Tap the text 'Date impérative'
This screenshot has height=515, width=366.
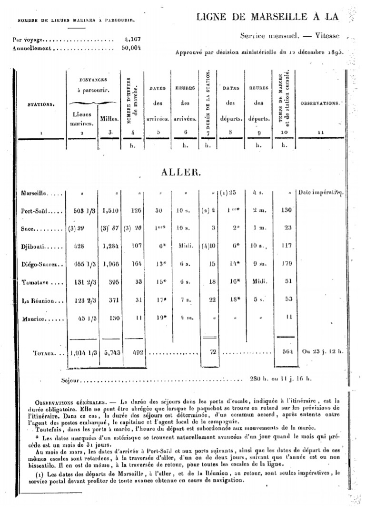point(320,193)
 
